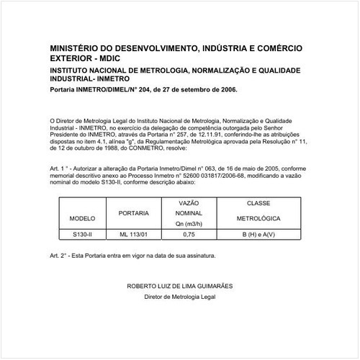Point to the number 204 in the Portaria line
(x=140, y=90)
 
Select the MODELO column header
(x=78, y=217)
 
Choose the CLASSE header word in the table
(x=258, y=204)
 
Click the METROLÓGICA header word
(x=258, y=217)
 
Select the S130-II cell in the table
(x=78, y=234)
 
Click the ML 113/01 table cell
(x=134, y=234)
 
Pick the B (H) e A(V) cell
(x=258, y=234)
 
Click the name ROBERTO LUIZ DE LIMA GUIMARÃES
(x=180, y=286)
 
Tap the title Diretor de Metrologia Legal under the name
(x=180, y=296)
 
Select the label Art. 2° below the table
(x=58, y=256)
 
